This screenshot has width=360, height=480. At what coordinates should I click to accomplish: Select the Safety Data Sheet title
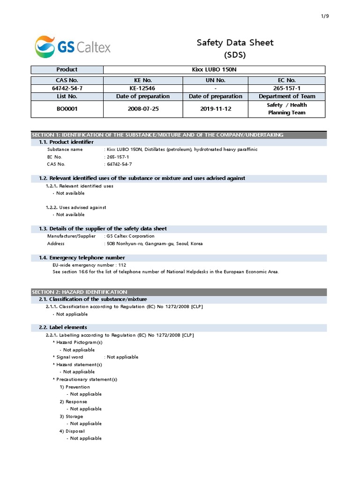235,43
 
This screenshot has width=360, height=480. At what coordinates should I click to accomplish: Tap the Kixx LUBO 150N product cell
214,69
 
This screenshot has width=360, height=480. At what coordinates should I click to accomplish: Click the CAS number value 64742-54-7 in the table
67,89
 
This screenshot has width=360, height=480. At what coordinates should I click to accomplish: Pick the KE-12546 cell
142,89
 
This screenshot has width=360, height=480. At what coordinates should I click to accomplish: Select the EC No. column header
287,81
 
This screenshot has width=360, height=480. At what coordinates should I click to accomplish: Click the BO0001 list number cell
67,108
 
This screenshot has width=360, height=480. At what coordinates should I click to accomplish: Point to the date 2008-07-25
142,108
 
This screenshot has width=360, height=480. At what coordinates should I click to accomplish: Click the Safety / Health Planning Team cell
287,109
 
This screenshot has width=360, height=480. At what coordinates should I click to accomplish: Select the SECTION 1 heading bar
157,135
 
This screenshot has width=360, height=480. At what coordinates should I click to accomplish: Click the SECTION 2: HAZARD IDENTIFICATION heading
79,292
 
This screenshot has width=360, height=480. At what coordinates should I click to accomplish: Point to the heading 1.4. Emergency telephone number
87,258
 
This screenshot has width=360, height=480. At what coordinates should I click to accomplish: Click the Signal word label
69,357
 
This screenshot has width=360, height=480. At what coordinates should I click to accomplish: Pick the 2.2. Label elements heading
68,327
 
